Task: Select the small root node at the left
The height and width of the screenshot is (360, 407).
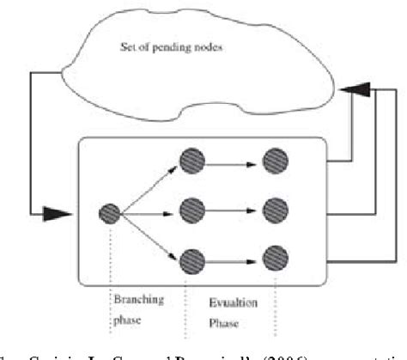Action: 108,211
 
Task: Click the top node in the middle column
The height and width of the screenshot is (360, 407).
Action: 191,161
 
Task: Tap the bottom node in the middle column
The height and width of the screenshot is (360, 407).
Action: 191,257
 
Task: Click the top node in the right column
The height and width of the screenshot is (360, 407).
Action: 276,161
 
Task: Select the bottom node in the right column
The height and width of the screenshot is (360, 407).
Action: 276,257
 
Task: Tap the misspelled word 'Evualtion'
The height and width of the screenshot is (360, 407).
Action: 230,303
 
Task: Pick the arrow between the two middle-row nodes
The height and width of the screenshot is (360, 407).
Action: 234,208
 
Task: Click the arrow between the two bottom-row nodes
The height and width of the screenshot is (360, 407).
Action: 234,257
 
